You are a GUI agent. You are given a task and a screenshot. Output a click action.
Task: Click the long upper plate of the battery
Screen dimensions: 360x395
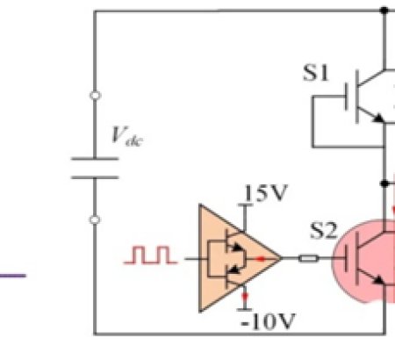pyautogui.click(x=95, y=159)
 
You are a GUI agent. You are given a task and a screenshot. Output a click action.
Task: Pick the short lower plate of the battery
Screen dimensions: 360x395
pyautogui.click(x=95, y=176)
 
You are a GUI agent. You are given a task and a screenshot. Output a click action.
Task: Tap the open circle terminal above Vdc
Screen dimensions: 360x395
pyautogui.click(x=95, y=95)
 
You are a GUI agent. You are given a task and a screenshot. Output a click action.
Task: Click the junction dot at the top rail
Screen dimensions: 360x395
pyautogui.click(x=384, y=11)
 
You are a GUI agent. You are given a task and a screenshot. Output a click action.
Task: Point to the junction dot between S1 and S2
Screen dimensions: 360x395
pyautogui.click(x=384, y=184)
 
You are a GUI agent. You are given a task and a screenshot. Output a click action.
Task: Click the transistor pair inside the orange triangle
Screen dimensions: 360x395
pyautogui.click(x=230, y=257)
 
